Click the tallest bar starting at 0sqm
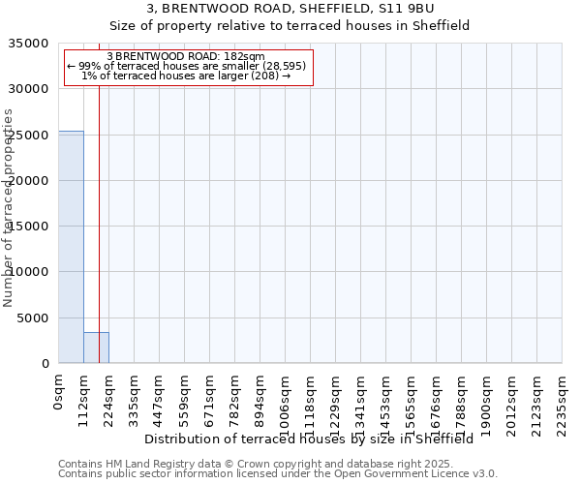coord(71,247)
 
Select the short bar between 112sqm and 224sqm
coord(96,348)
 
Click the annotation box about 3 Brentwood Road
coord(189,68)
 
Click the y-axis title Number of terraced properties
coord(10,208)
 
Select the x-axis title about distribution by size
coord(315,439)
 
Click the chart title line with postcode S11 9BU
coord(290,9)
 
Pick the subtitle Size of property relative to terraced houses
coord(290,26)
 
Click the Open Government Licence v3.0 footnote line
coord(278,474)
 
